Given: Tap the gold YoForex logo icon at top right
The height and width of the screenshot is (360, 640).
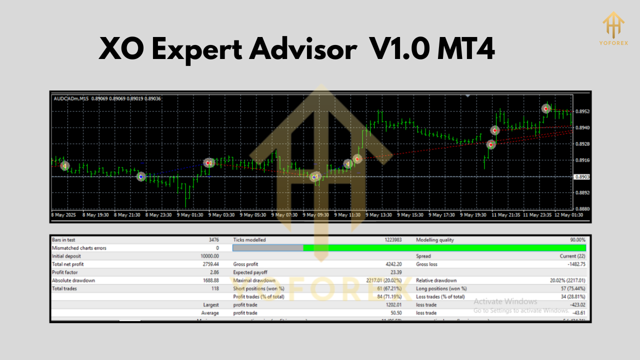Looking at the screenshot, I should tap(613, 22).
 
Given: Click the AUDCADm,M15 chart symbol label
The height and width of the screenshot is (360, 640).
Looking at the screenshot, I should tap(69, 98).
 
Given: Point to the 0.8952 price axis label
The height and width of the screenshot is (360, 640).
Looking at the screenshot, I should tap(582, 111).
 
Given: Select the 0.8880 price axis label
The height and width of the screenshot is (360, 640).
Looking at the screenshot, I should tap(582, 208).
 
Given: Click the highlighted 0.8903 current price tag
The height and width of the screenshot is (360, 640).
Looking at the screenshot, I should tap(582, 177).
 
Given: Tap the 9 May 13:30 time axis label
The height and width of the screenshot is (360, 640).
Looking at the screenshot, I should tap(378, 215).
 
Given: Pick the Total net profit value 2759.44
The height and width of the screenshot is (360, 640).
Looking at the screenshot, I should tap(210, 264).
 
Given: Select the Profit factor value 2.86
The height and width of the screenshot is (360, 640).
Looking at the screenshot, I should tap(214, 272).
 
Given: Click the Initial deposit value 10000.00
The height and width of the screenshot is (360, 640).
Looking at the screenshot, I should tap(209, 256).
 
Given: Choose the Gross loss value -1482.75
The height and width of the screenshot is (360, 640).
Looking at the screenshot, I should tap(573, 264).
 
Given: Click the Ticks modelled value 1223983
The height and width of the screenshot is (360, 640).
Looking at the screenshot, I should tap(392, 240).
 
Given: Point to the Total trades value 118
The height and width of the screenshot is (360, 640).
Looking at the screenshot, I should tap(214, 288).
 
